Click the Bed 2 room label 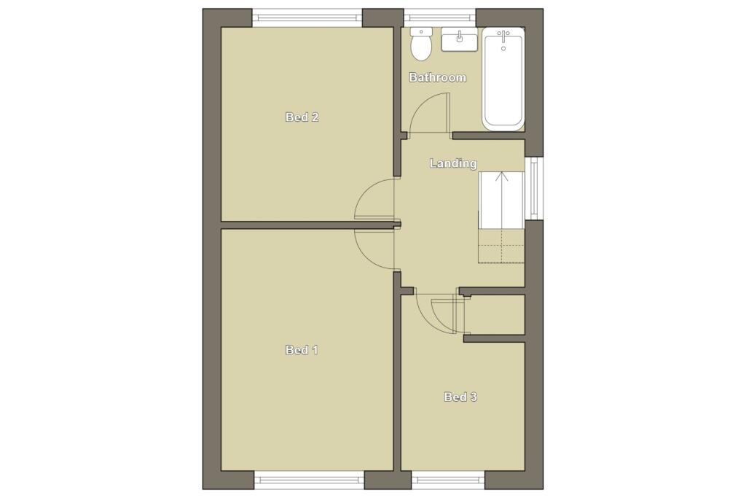(302, 117)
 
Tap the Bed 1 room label (302, 350)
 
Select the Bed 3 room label (460, 397)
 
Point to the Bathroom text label (437, 77)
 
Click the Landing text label (453, 163)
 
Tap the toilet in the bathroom (421, 44)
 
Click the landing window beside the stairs (534, 188)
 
